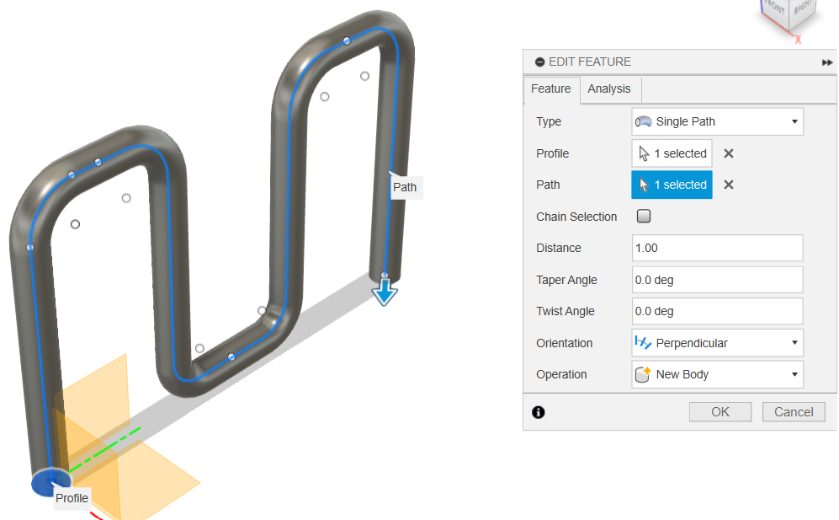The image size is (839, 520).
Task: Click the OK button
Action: (x=720, y=412)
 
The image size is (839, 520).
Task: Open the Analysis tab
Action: (x=608, y=88)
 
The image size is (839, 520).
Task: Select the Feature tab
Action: (x=550, y=88)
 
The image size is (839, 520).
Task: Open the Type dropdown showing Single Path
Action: (x=717, y=121)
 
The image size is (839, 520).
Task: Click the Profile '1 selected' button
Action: (x=672, y=153)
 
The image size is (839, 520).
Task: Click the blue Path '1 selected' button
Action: (x=672, y=185)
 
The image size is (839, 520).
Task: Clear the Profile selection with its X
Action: (x=729, y=153)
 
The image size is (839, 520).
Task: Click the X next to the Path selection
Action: (x=729, y=185)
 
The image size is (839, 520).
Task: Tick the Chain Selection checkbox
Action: (x=644, y=217)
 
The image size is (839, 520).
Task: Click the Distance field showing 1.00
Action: (x=717, y=248)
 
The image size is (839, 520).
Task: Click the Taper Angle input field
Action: (x=717, y=280)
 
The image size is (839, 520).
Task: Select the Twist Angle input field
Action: (x=717, y=311)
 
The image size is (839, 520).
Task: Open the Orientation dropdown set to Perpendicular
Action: (x=717, y=343)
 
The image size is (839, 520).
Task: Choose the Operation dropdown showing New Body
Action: (x=717, y=374)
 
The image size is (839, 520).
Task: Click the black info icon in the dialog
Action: (x=539, y=412)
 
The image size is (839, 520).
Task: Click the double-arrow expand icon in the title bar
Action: (x=827, y=62)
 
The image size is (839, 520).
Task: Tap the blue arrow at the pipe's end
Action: (x=385, y=292)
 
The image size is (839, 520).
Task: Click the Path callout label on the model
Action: (x=405, y=187)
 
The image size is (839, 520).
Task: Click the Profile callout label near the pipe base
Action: (x=72, y=498)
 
